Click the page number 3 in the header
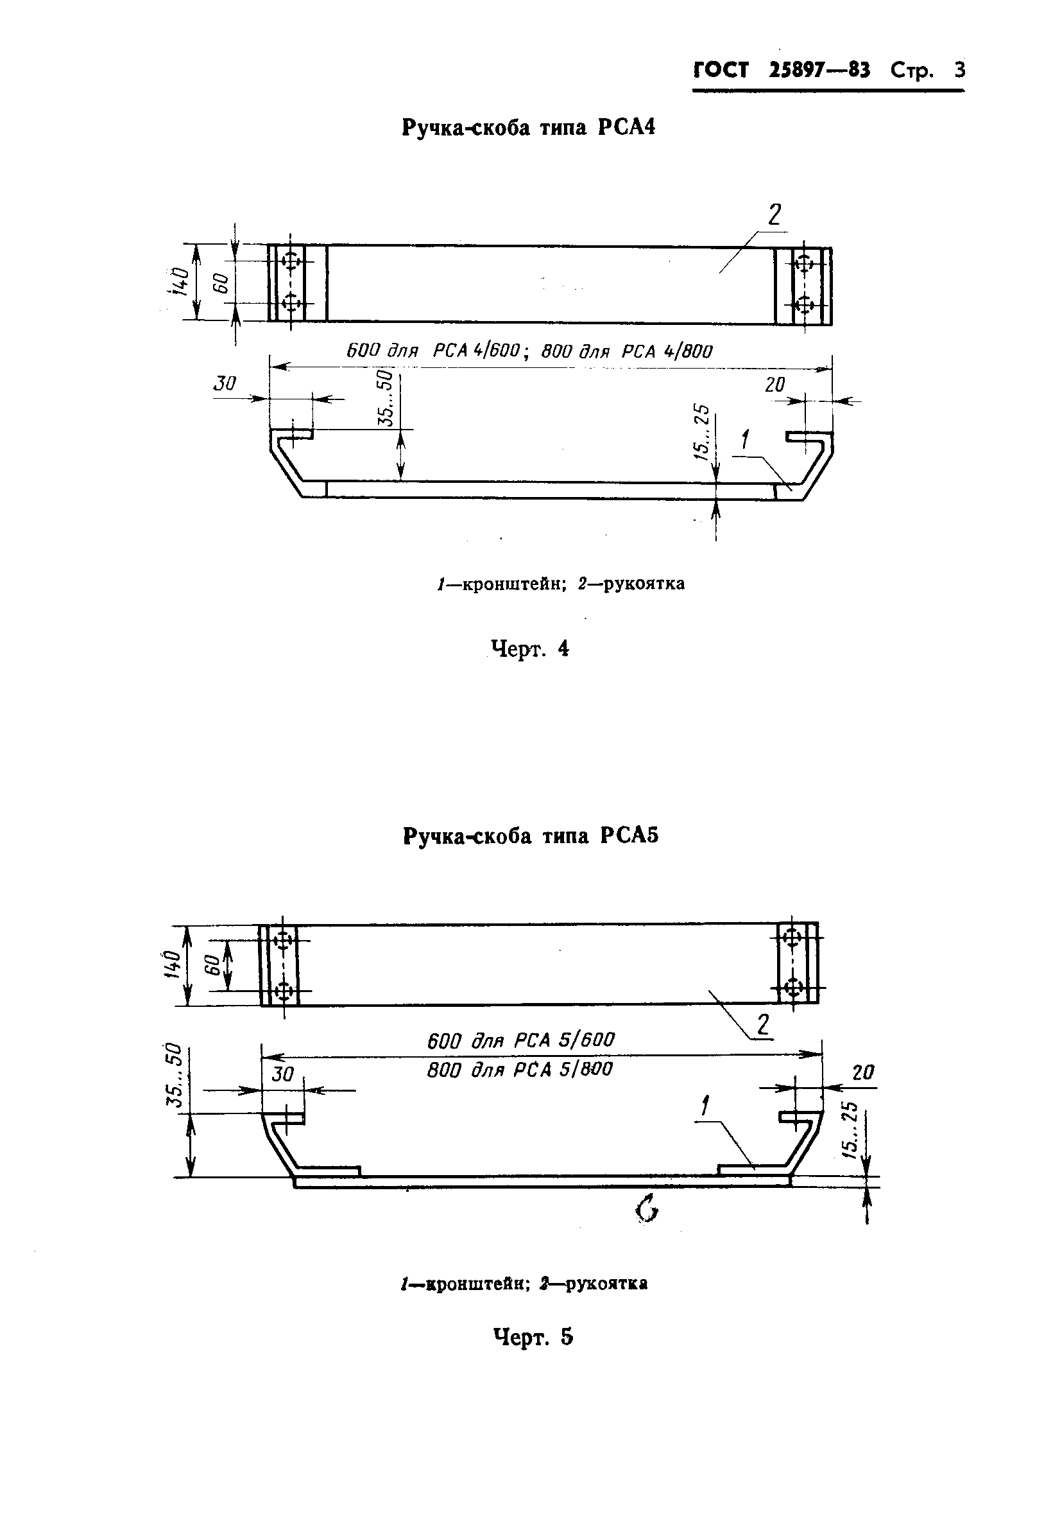click(959, 70)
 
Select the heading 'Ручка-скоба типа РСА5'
click(531, 837)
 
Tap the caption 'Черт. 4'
click(530, 649)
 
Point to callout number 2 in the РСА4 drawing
click(774, 215)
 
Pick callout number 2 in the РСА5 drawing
click(763, 1024)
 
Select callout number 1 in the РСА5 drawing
click(705, 1106)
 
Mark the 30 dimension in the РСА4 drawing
click(225, 383)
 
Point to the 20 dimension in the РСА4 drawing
click(774, 385)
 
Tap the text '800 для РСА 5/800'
click(520, 1070)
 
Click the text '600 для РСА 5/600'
click(520, 1040)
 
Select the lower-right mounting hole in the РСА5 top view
click(793, 986)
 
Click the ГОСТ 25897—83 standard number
click(781, 70)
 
